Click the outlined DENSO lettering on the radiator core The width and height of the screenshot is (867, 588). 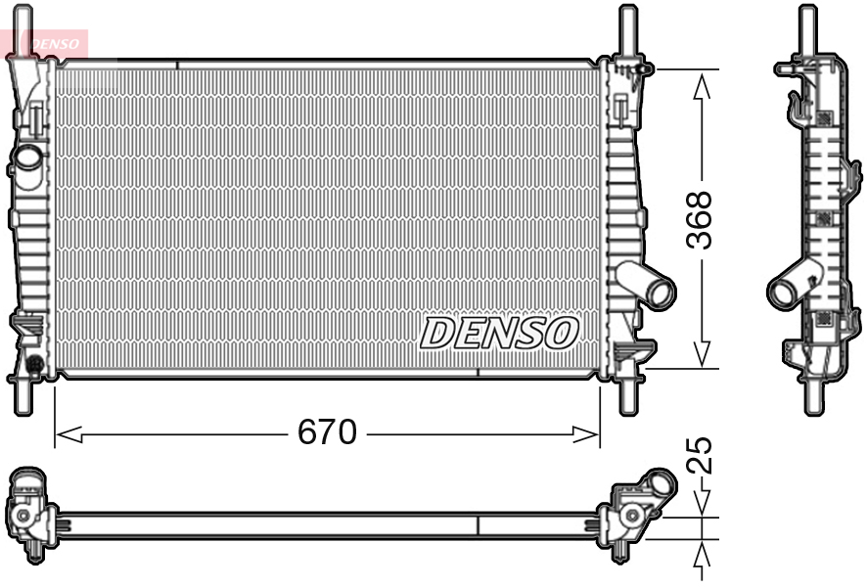click(x=499, y=333)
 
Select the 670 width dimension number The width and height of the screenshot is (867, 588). click(x=327, y=432)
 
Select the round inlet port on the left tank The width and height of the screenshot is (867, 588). click(x=28, y=156)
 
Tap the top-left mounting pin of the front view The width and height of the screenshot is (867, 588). click(x=23, y=29)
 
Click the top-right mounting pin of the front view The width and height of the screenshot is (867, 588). click(x=626, y=29)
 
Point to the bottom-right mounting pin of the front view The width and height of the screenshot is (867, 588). click(x=626, y=396)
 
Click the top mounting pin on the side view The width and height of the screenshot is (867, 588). click(x=807, y=29)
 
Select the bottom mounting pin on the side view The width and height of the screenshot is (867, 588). click(x=811, y=396)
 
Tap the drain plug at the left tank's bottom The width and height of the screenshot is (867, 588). click(x=35, y=365)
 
